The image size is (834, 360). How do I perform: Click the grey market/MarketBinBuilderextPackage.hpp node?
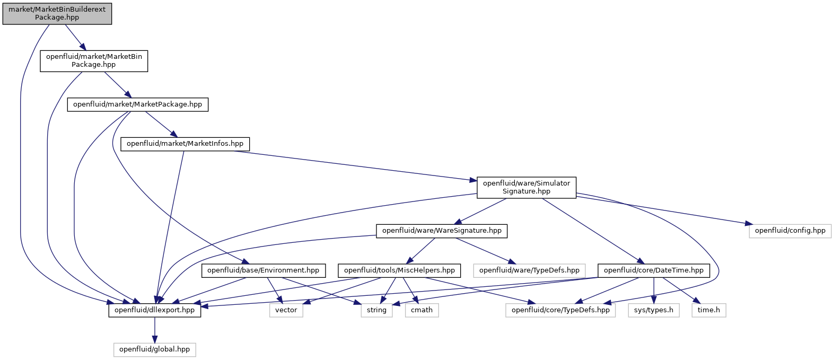point(57,14)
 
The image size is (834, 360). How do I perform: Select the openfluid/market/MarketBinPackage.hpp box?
point(94,60)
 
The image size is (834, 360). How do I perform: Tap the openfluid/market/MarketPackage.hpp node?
point(138,104)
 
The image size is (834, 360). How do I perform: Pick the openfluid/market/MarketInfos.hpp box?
point(185,144)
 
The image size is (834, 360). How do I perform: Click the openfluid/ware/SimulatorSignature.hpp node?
point(526,188)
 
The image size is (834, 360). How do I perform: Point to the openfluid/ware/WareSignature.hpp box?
point(442,231)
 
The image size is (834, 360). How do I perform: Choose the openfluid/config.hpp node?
point(790,231)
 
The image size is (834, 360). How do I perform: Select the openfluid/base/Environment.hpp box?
point(263,270)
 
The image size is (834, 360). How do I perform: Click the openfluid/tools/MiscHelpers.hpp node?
point(399,270)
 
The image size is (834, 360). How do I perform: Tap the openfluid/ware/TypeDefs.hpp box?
point(529,270)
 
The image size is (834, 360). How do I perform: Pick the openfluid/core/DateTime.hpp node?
point(653,270)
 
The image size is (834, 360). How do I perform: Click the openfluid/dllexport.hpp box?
point(154,311)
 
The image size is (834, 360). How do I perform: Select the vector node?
point(286,311)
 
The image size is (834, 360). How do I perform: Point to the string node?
point(376,311)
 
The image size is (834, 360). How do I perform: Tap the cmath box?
point(422,311)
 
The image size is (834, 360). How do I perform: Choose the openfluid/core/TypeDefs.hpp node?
point(560,311)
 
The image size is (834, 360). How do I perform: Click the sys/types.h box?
point(654,311)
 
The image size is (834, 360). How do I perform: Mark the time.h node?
point(709,311)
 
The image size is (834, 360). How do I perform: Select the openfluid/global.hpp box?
point(154,350)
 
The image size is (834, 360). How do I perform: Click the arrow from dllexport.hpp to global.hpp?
point(154,330)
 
